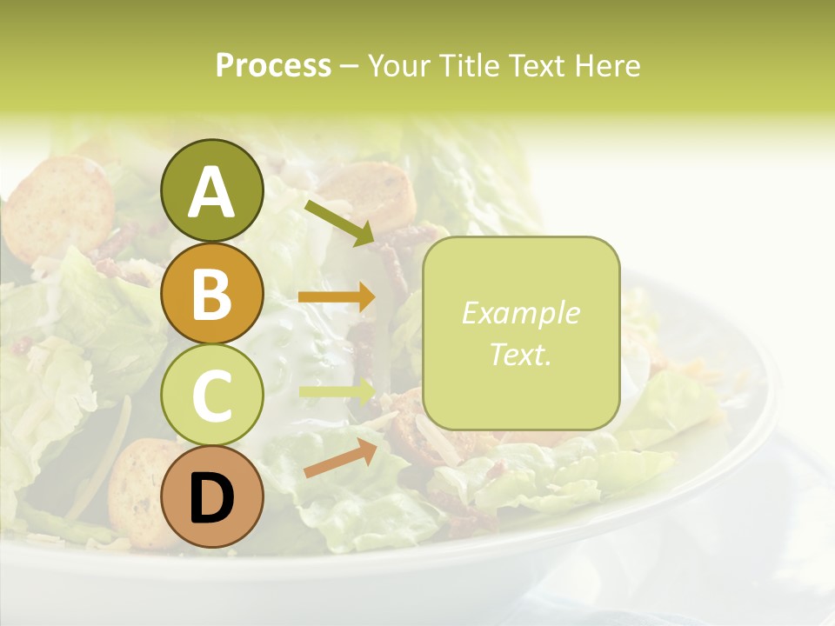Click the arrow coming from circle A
pyautogui.click(x=339, y=222)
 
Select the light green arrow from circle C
pyautogui.click(x=337, y=393)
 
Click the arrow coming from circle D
pyautogui.click(x=339, y=458)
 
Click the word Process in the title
pyautogui.click(x=273, y=66)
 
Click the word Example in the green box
pyautogui.click(x=520, y=313)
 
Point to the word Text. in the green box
pyautogui.click(x=520, y=354)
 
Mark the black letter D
pyautogui.click(x=212, y=499)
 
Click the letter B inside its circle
pyautogui.click(x=212, y=294)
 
